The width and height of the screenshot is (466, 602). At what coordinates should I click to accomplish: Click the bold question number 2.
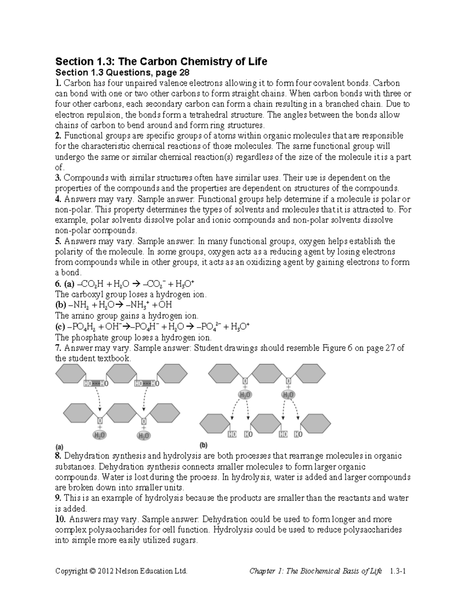(x=58, y=136)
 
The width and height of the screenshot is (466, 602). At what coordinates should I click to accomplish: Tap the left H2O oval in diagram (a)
(x=99, y=435)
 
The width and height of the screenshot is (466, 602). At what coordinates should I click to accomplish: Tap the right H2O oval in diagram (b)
(x=288, y=395)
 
